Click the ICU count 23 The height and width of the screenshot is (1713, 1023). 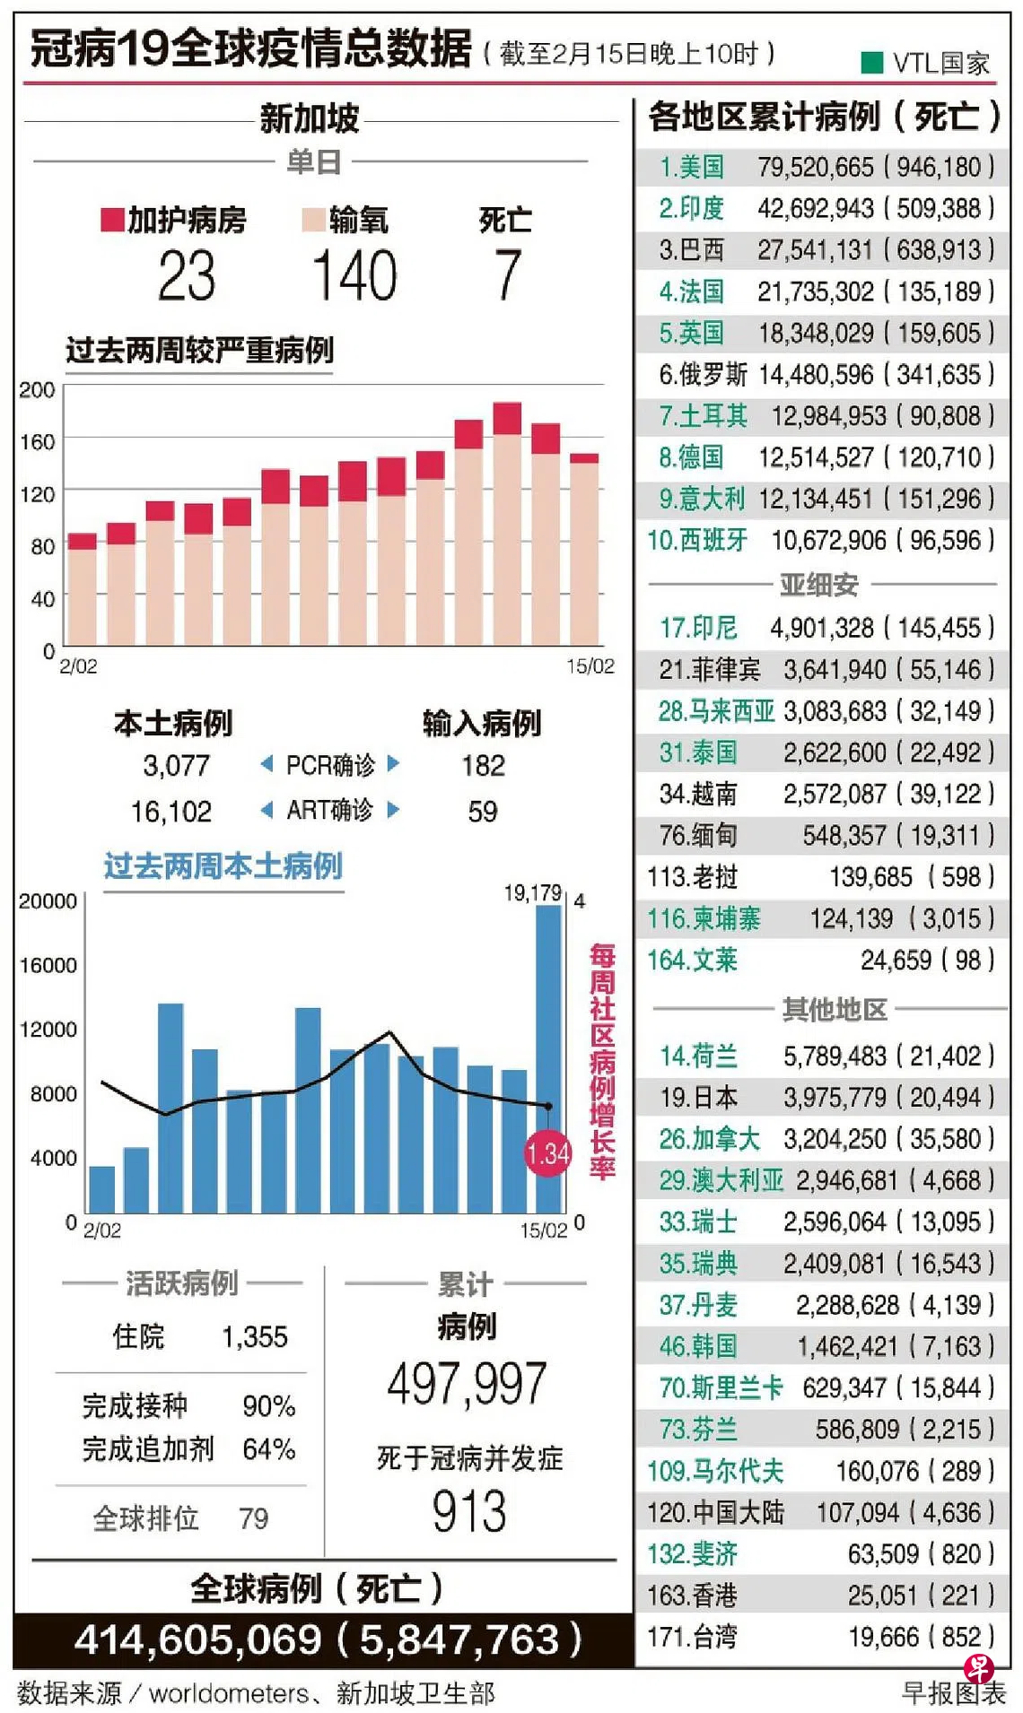tap(187, 275)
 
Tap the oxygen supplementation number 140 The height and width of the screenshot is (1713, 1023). tap(354, 275)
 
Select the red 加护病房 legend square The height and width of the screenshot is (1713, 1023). tap(112, 220)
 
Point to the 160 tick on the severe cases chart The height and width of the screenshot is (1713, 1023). tap(37, 441)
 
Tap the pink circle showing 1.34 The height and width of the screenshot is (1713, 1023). tap(547, 1153)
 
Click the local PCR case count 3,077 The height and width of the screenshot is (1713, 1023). tap(176, 765)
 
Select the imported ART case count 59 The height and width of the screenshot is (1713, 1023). tap(482, 812)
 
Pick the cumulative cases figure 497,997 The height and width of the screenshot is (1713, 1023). tap(467, 1383)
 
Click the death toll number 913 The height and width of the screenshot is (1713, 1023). tap(468, 1511)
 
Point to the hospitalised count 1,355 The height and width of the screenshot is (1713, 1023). tap(254, 1336)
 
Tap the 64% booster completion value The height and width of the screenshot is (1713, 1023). tap(268, 1448)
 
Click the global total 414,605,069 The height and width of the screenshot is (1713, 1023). tap(197, 1640)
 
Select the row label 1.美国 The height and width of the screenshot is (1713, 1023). tap(691, 167)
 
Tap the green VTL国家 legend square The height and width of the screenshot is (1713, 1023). tap(871, 62)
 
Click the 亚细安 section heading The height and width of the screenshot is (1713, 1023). tap(818, 585)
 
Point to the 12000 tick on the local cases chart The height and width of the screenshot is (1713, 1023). tap(48, 1030)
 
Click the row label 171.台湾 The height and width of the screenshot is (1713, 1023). tap(692, 1637)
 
